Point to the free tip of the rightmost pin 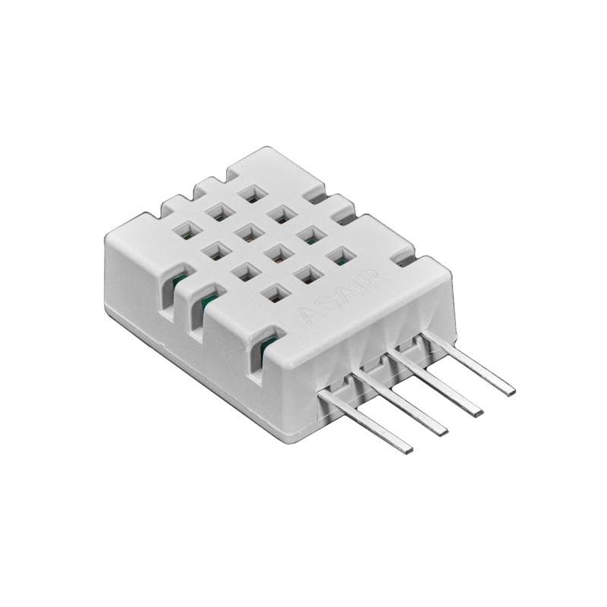pos(510,392)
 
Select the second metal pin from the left pos(402,402)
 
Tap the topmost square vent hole pos(248,193)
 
